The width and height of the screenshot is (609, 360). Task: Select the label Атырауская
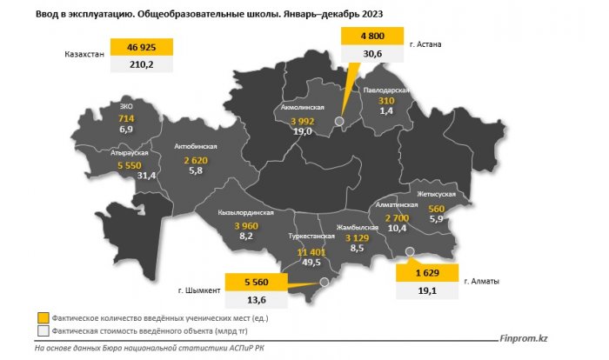(x=129, y=153)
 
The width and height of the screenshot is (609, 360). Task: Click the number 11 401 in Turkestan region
(x=311, y=251)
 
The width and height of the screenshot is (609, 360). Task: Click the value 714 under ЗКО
(x=126, y=117)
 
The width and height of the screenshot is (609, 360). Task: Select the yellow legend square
(x=43, y=317)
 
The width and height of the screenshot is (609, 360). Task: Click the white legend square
(x=43, y=331)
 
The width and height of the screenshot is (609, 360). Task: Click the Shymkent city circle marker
(x=323, y=282)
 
